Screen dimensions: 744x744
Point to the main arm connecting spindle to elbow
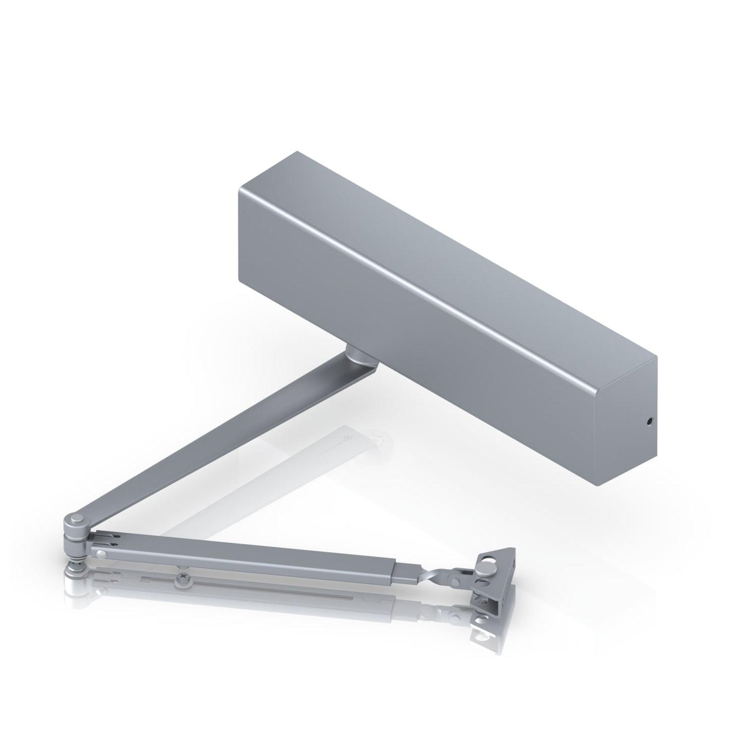(x=216, y=438)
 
